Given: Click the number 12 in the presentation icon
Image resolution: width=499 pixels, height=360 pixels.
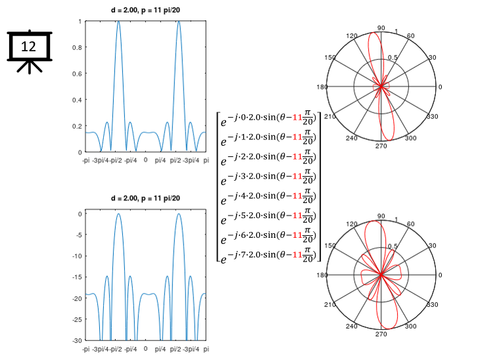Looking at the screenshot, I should coord(28,46).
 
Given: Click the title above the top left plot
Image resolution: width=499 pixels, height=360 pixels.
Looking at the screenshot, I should coord(145,9).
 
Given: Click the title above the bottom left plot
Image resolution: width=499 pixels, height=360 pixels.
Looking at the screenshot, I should coord(145,198).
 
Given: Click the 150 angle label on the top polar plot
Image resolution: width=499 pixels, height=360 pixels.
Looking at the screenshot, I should coord(340,58).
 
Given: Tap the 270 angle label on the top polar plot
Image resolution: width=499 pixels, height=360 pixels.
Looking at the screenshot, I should coord(381,146).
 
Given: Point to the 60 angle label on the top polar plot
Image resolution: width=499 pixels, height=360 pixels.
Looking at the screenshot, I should coord(411,36).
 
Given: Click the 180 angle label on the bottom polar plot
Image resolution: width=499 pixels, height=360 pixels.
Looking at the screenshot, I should coord(321,275).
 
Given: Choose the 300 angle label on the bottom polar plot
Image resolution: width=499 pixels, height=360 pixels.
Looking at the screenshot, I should coord(411,326).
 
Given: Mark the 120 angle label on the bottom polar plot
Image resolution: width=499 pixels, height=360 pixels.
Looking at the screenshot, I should coord(352,224).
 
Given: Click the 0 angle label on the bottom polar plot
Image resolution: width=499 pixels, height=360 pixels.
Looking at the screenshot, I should coord(440,275).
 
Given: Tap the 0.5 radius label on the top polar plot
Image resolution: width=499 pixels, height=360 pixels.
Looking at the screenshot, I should coord(392,58).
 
